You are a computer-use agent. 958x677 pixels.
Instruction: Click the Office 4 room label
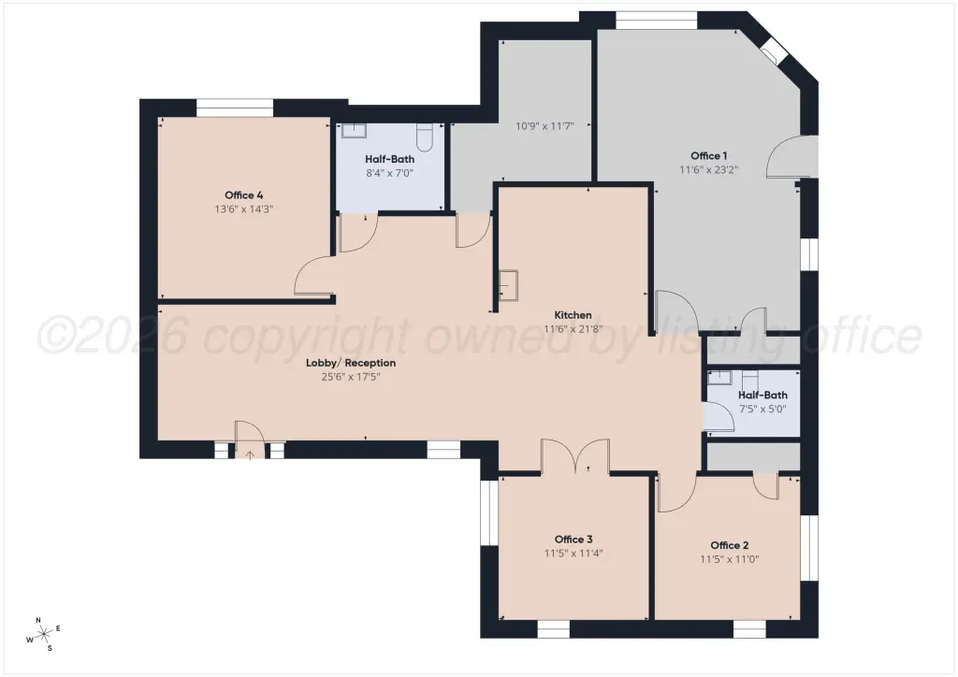[x=244, y=195]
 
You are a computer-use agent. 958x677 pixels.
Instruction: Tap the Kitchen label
[x=573, y=315]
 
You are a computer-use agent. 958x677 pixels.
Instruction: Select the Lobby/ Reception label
[x=351, y=363]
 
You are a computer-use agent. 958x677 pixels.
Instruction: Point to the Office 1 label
[x=709, y=155]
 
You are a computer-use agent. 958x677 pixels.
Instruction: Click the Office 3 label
[x=573, y=539]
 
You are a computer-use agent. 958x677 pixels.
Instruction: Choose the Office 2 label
[x=730, y=545]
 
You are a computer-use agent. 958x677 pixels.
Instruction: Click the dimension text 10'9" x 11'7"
[x=544, y=126]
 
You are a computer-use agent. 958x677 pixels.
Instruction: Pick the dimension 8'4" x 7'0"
[x=390, y=173]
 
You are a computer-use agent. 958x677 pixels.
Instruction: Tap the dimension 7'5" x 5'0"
[x=762, y=409]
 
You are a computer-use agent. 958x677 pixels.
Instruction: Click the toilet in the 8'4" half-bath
[x=425, y=137]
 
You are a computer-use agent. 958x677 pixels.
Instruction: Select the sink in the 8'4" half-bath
[x=353, y=131]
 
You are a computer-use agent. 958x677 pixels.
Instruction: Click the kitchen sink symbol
[x=508, y=286]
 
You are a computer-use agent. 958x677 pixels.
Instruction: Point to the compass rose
[x=44, y=635]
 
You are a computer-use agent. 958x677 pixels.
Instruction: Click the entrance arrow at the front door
[x=250, y=455]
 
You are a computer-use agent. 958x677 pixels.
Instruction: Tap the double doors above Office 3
[x=575, y=456]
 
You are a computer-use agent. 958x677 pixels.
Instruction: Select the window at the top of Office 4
[x=234, y=108]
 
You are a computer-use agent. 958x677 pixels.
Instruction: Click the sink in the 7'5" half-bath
[x=719, y=377]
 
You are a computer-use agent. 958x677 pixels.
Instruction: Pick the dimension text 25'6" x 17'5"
[x=351, y=377]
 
